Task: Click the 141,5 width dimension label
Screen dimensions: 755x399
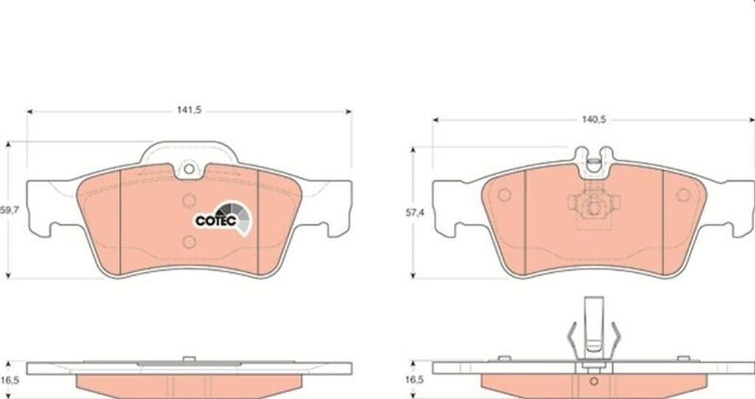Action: click(x=189, y=111)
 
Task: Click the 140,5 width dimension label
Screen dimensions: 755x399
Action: click(x=594, y=119)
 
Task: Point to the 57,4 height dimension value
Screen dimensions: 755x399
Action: click(x=414, y=212)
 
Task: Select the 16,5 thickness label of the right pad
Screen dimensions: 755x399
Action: click(x=414, y=380)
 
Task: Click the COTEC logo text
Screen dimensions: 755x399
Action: click(x=216, y=221)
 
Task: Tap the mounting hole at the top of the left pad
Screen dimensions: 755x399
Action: click(x=189, y=169)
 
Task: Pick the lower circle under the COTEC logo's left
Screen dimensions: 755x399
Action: click(x=189, y=242)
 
